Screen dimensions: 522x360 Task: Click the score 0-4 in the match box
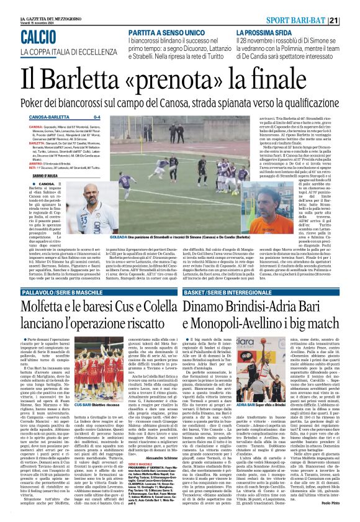tap(97, 116)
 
